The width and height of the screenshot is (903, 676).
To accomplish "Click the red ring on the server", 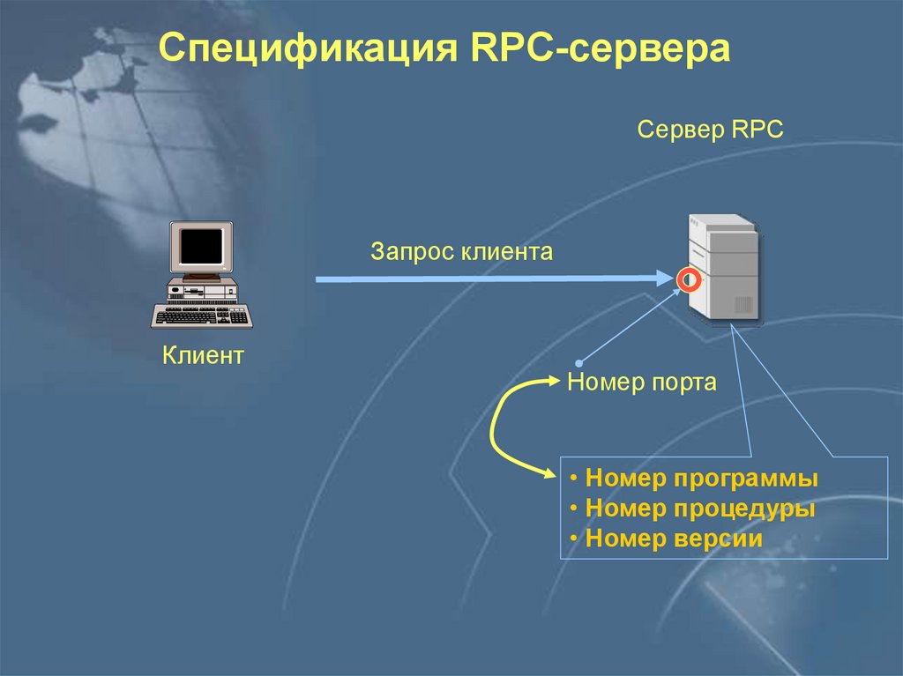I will (x=689, y=280).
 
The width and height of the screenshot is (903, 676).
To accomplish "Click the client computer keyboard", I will (x=202, y=316).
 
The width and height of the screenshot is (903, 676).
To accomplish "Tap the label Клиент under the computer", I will (x=202, y=356).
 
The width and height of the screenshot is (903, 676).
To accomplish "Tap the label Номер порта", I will (x=641, y=383).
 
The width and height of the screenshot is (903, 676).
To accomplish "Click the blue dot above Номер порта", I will (x=580, y=361).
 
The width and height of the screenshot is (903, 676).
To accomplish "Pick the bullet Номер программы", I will (x=701, y=479).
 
